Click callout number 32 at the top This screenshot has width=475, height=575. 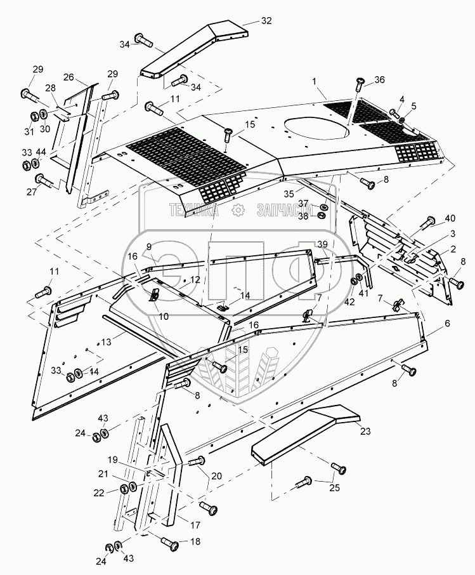coord(266,21)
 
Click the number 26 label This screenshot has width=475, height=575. coord(69,78)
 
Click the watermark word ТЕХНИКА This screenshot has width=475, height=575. coord(193,211)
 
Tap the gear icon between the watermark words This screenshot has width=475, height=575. coord(238,211)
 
